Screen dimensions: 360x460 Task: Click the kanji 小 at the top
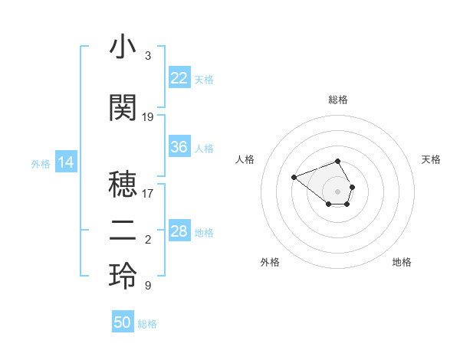(123, 48)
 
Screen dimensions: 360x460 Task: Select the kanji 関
(123, 108)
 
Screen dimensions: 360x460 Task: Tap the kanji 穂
(123, 185)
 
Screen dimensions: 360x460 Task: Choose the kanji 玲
(123, 277)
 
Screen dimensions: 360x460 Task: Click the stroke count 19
(148, 117)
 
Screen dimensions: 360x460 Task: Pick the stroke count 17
(148, 194)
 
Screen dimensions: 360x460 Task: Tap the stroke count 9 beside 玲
(148, 286)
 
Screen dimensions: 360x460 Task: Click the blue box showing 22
(179, 77)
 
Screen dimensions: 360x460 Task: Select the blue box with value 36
(179, 147)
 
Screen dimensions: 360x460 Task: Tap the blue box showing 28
(179, 231)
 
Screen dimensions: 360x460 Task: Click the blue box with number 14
(66, 162)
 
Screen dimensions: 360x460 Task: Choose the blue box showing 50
(123, 322)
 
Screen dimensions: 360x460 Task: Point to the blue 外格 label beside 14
(41, 163)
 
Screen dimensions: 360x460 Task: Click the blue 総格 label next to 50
(147, 324)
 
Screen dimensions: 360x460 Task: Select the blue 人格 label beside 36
(204, 148)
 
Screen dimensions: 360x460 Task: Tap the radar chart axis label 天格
(432, 159)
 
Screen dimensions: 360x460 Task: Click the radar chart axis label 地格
(402, 262)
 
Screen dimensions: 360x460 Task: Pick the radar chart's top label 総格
(338, 100)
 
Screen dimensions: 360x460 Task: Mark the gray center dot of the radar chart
(338, 191)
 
